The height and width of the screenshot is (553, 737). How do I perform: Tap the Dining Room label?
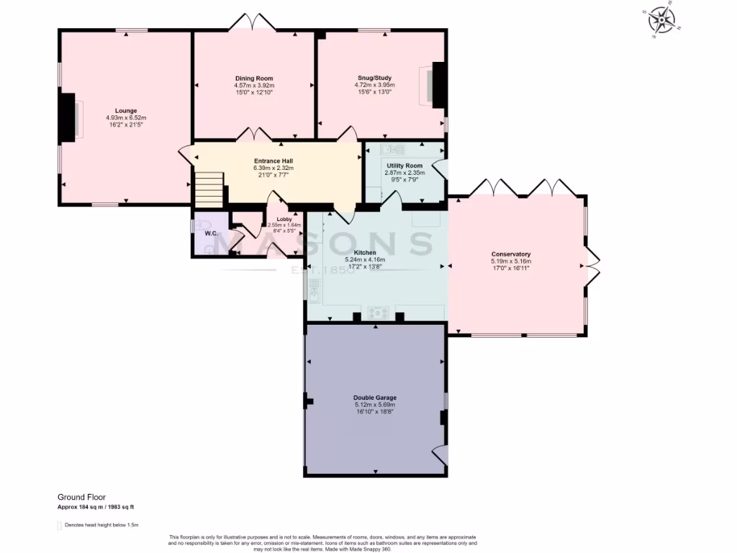click(254, 78)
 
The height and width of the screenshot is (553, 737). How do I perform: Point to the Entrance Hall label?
click(273, 161)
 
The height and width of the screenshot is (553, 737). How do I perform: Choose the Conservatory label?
click(511, 254)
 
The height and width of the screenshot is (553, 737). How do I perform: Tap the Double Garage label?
click(375, 397)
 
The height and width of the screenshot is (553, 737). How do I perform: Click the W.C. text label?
click(211, 233)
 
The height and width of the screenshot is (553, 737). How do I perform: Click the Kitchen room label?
click(365, 253)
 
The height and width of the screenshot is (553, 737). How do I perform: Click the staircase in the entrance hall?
click(209, 189)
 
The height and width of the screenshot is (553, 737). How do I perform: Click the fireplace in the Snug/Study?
click(435, 84)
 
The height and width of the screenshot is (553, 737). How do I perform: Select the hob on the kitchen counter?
click(379, 313)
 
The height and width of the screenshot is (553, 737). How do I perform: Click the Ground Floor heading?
click(81, 497)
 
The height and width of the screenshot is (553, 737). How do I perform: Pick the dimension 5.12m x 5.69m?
click(375, 405)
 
